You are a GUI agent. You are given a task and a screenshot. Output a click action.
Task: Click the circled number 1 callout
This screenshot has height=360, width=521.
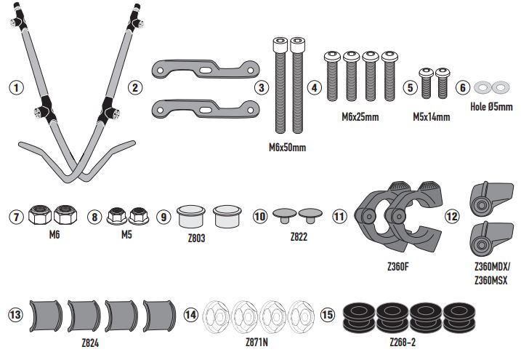(16, 88)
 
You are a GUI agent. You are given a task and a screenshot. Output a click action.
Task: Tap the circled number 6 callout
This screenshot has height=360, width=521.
(463, 88)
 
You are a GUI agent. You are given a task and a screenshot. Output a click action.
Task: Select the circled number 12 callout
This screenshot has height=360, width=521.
(451, 217)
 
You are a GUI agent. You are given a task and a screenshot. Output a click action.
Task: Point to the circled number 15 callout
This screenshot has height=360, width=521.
(328, 315)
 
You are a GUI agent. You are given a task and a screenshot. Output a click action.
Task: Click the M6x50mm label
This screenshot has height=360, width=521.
(288, 147)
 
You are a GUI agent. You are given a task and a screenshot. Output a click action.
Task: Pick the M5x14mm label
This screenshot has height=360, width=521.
(432, 117)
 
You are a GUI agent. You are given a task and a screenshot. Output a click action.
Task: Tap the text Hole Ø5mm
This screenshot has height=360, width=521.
(491, 107)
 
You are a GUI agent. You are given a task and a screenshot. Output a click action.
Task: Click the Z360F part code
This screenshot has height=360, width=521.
(398, 267)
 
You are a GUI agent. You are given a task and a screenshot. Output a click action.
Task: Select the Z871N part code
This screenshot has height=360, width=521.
(257, 343)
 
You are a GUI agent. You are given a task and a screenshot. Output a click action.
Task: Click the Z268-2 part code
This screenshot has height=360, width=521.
(403, 343)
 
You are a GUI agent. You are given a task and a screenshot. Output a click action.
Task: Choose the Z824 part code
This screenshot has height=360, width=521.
(90, 343)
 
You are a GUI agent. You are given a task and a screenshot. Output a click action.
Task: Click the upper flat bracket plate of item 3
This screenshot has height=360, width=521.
(206, 69)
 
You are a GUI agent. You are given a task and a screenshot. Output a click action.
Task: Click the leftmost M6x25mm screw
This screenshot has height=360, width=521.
(332, 76)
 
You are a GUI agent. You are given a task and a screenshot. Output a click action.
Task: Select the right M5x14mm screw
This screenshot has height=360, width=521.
(443, 84)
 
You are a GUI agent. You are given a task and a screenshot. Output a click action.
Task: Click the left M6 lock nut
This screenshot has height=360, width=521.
(40, 215)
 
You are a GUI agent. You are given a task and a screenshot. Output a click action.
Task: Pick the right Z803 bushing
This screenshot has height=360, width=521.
(227, 217)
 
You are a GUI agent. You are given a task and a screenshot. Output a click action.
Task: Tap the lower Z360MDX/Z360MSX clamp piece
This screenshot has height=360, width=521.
(491, 239)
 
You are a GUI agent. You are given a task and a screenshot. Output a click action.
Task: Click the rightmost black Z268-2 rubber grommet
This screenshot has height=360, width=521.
(459, 317)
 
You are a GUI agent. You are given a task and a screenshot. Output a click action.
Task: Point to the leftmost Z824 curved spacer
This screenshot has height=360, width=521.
(46, 316)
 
